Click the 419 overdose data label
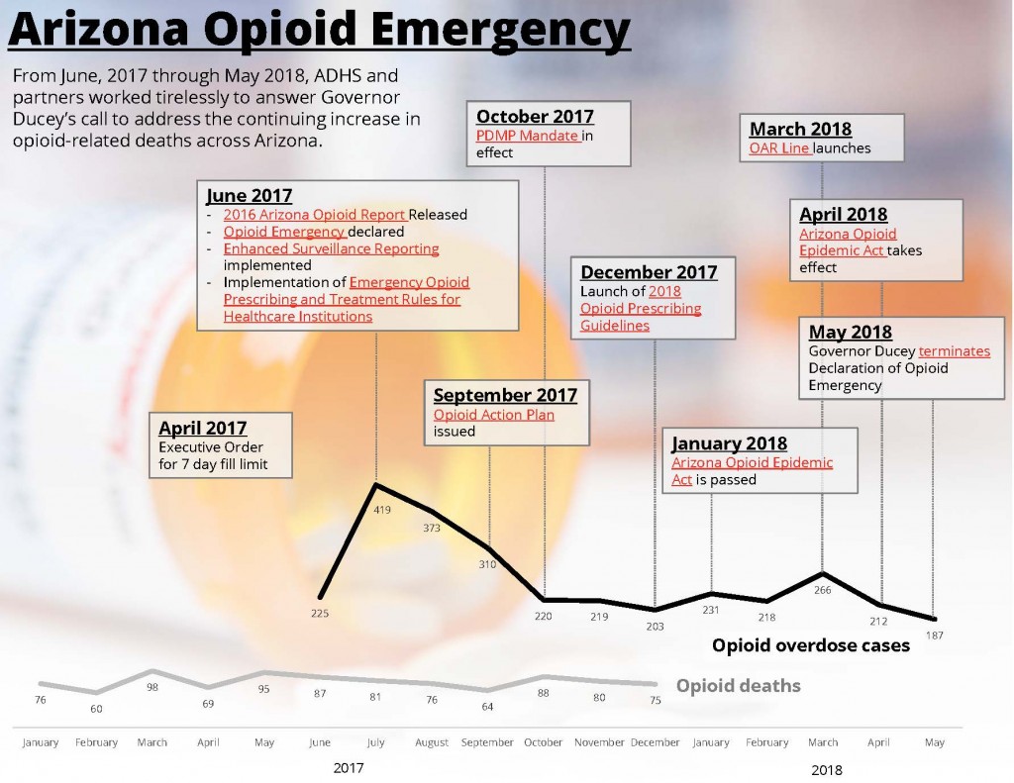(382, 510)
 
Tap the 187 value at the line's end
(934, 635)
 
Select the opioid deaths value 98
(152, 687)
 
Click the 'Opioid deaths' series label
(738, 686)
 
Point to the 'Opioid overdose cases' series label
(810, 645)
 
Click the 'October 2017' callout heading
(535, 117)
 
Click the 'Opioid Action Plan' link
(493, 415)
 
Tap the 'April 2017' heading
(203, 428)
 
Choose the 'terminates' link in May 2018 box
(954, 351)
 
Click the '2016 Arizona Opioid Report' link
(314, 214)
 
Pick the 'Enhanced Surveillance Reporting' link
(331, 248)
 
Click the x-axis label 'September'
(488, 742)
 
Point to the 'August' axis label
(432, 742)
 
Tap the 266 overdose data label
(821, 590)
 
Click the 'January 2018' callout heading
(729, 443)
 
